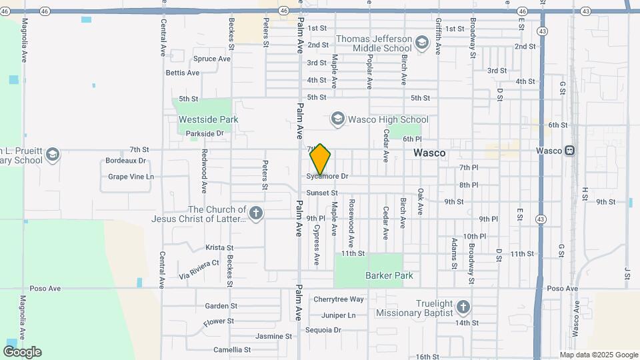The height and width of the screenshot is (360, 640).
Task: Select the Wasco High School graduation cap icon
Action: click(337, 119)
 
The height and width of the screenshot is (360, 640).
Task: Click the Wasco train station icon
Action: click(570, 151)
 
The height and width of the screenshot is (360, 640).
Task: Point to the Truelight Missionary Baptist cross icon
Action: click(463, 307)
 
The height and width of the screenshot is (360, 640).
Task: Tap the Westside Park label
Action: click(208, 119)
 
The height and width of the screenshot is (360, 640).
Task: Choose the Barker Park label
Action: click(389, 275)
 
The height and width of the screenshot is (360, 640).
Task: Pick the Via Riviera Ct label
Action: click(199, 268)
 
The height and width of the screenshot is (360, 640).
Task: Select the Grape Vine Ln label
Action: click(131, 177)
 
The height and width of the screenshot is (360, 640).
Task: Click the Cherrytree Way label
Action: click(339, 299)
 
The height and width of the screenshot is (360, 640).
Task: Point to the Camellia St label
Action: click(232, 349)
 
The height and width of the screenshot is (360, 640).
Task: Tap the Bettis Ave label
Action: click(183, 73)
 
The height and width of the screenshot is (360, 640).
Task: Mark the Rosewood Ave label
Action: click(351, 219)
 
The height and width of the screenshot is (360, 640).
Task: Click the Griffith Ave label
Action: click(438, 36)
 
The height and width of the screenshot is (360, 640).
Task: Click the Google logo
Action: click(22, 352)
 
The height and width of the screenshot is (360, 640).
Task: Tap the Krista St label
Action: click(219, 247)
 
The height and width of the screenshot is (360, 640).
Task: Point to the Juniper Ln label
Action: click(339, 315)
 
